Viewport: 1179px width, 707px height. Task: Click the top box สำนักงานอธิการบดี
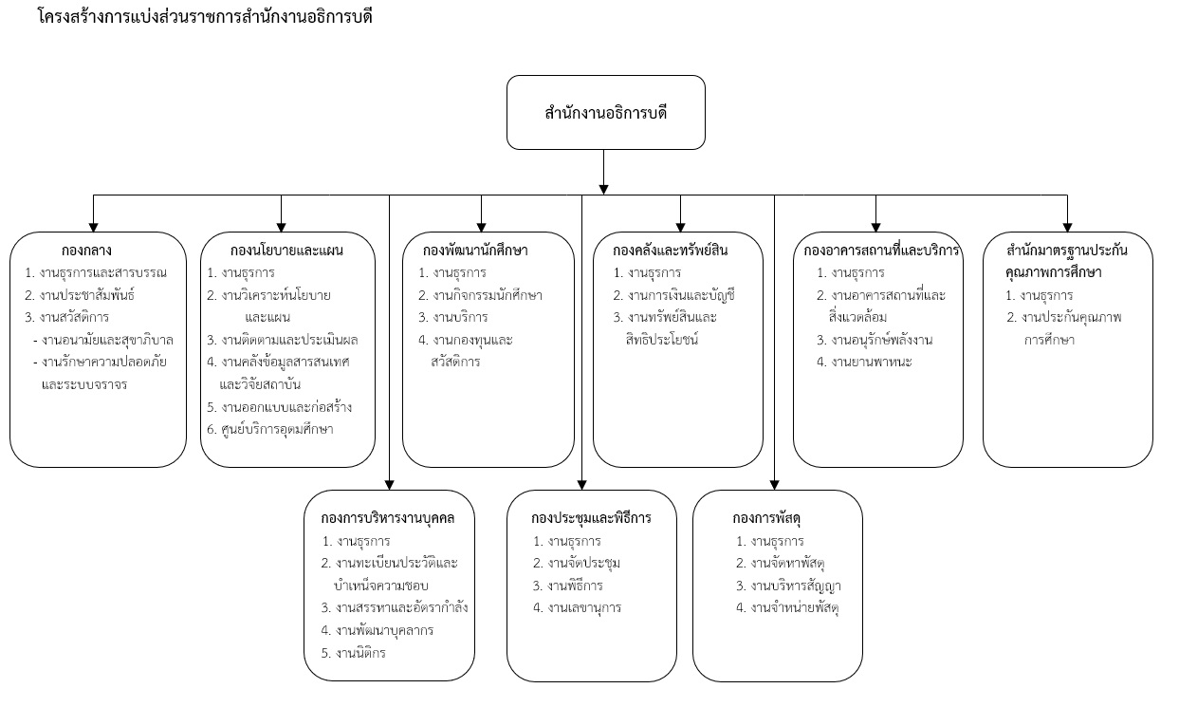pos(605,112)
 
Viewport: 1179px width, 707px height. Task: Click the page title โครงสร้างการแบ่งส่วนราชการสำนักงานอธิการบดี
pos(205,17)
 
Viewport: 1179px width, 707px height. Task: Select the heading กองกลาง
pos(86,251)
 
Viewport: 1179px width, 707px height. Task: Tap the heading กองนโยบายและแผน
pos(286,251)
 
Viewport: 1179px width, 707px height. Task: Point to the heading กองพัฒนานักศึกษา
pos(475,251)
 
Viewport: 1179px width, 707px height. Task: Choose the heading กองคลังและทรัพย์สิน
pos(670,251)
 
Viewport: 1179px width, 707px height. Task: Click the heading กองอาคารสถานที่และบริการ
pos(881,251)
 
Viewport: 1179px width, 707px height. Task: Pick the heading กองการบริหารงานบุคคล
pos(387,518)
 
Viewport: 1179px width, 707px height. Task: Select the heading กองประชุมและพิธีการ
pos(591,518)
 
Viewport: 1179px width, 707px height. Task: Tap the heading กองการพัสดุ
pos(766,518)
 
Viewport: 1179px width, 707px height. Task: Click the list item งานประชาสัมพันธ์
pos(87,295)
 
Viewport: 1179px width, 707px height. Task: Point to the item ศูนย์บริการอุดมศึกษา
pos(277,430)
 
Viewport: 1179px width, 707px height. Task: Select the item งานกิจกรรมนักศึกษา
pos(488,295)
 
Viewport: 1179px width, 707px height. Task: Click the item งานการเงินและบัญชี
pos(681,295)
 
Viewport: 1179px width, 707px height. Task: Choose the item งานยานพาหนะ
pos(872,363)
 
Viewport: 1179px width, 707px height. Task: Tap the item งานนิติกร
pos(360,653)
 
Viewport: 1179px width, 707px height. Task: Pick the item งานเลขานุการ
pos(584,608)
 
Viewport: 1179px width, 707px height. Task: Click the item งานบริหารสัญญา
pos(796,586)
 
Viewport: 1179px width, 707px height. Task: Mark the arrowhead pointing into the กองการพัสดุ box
pos(774,485)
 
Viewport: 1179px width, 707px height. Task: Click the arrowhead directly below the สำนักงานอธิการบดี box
pos(603,189)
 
